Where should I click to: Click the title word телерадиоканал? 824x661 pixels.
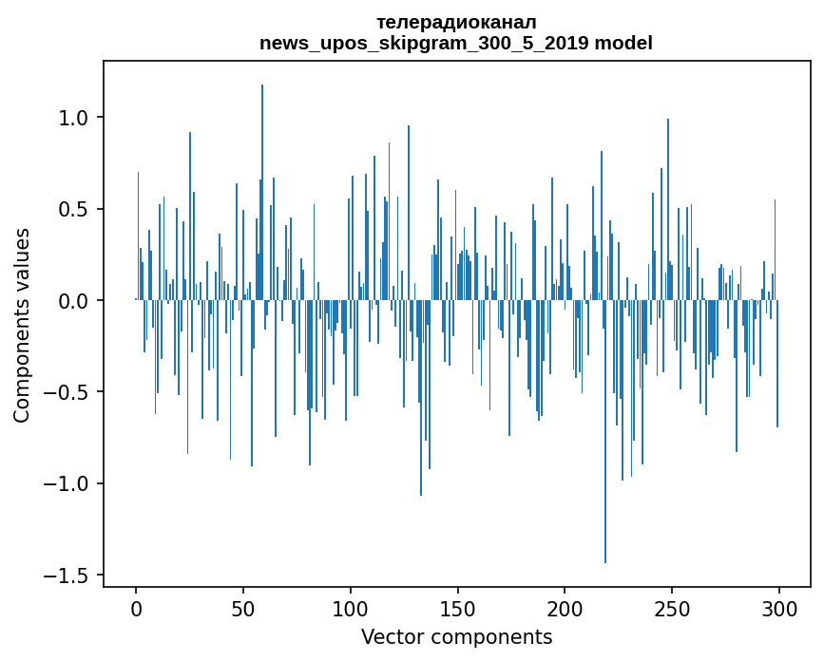pyautogui.click(x=456, y=22)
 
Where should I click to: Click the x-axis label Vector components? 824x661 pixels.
pyautogui.click(x=456, y=637)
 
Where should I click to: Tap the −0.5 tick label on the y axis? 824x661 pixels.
pyautogui.click(x=68, y=392)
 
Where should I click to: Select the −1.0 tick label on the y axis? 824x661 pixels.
pyautogui.click(x=68, y=484)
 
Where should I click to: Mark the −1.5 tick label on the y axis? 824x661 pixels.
pyautogui.click(x=68, y=576)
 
